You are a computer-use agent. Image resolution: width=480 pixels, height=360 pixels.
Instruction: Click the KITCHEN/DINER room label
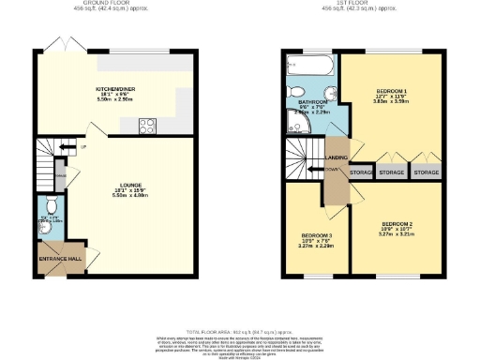coord(117,90)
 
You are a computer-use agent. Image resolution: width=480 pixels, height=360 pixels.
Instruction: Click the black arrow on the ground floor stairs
coord(57,147)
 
